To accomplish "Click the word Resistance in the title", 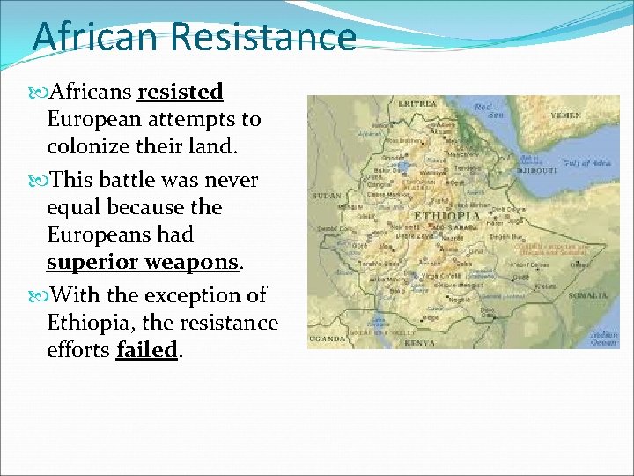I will pos(263,38).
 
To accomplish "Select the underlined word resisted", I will pos(181,92).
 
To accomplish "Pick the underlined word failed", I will pos(146,350).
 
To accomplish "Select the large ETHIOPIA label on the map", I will pos(447,216).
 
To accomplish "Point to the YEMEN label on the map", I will pos(564,115).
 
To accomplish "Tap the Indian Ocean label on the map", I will pos(603,338).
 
